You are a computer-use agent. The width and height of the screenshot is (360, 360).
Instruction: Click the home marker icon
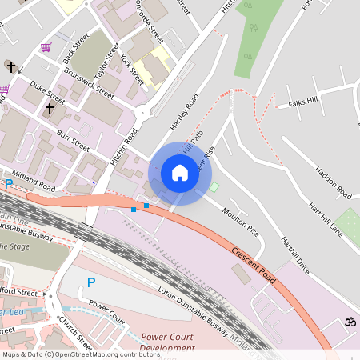click(x=180, y=173)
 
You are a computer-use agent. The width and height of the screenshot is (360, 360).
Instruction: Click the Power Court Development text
click(x=167, y=342)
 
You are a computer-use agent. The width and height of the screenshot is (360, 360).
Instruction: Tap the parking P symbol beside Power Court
click(x=91, y=282)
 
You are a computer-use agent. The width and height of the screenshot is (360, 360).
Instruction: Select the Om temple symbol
click(x=348, y=322)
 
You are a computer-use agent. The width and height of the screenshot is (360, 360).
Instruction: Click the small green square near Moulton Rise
click(x=214, y=187)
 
